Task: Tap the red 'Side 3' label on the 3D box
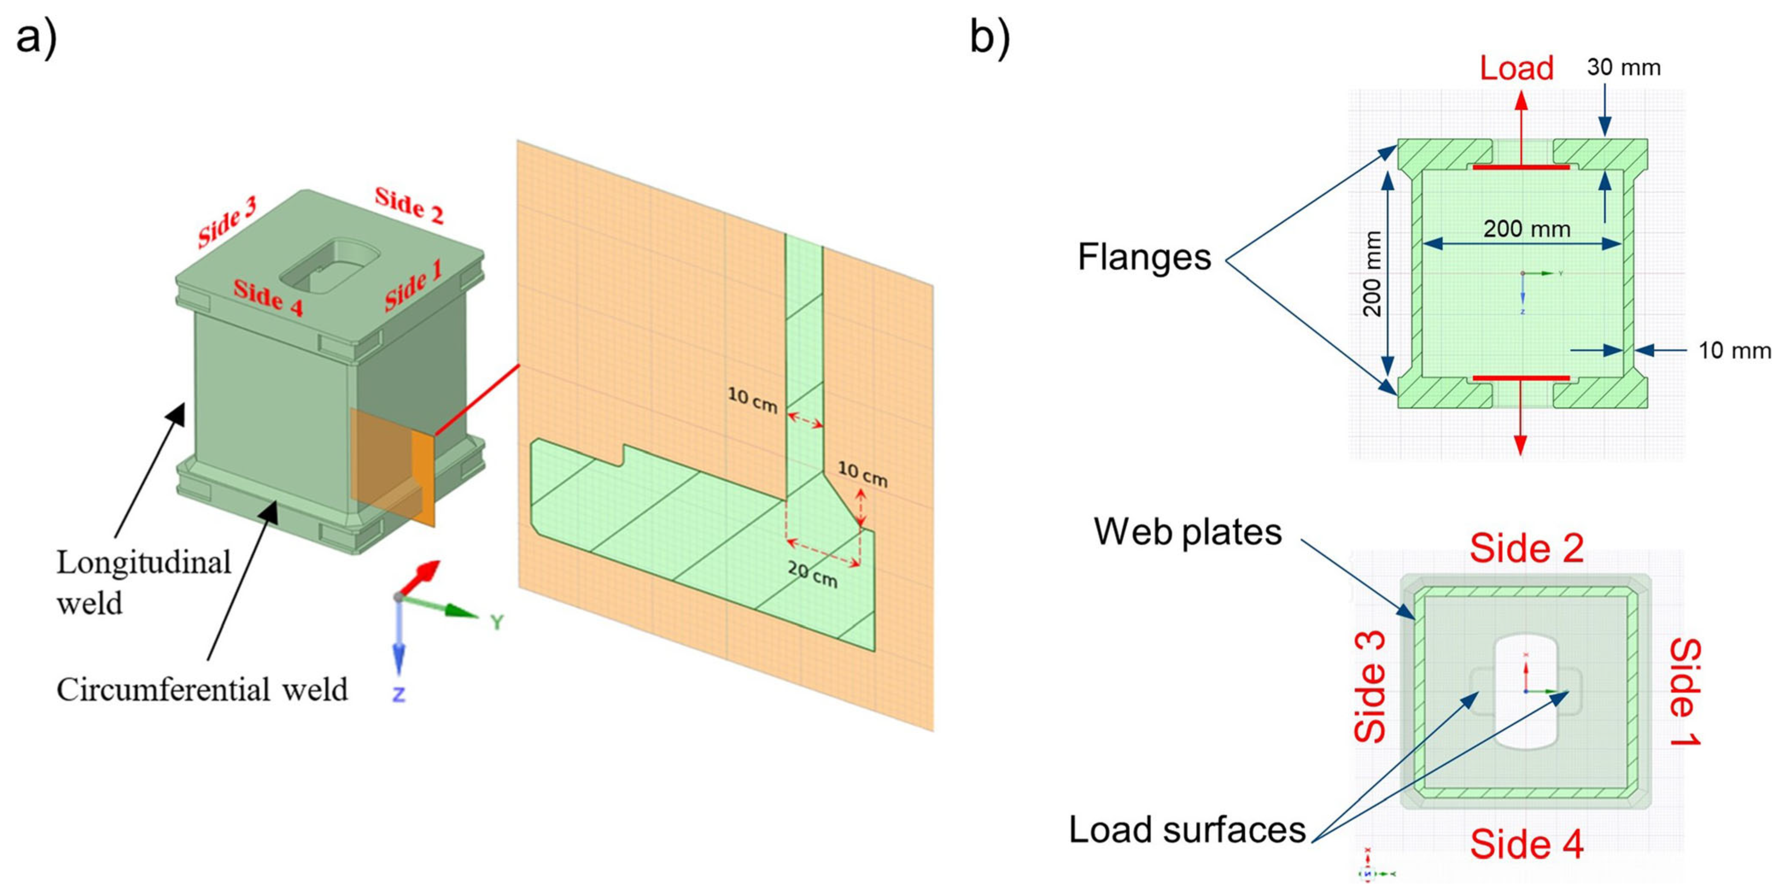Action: click(226, 222)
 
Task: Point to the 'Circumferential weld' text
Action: click(202, 690)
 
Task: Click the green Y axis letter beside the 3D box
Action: click(496, 622)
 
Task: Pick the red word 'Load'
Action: click(1517, 68)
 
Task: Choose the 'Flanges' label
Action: click(1144, 257)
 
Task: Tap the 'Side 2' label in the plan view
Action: click(1527, 549)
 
